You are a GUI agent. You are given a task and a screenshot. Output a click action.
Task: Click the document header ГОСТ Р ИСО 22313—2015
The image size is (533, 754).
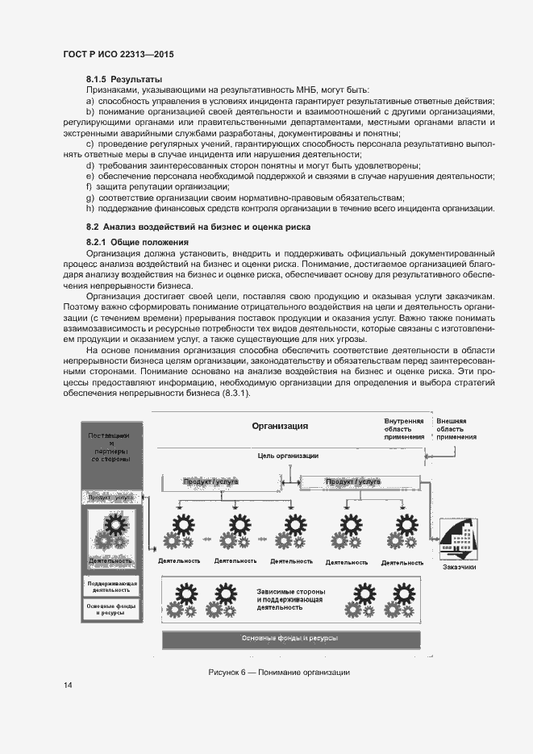click(119, 55)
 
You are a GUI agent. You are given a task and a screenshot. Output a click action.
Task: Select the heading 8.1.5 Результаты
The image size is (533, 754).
click(125, 80)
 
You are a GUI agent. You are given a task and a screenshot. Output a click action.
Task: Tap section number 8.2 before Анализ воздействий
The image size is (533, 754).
click(93, 227)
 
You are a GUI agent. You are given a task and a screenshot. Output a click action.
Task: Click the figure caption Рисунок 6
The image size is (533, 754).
click(278, 673)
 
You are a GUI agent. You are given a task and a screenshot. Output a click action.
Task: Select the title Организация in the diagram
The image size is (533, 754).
click(280, 426)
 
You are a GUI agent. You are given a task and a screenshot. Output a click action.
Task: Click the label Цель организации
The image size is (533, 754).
click(288, 456)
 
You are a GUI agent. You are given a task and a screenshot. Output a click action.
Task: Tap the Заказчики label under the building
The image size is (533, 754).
click(459, 567)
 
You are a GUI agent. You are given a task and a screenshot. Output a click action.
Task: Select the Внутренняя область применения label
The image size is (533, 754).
click(403, 428)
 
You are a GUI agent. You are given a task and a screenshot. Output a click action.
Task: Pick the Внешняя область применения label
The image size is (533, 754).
click(456, 428)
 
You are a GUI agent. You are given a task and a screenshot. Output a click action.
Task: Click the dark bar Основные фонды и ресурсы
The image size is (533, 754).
click(289, 638)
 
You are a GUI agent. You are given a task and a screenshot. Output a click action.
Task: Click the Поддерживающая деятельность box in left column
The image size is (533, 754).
click(112, 586)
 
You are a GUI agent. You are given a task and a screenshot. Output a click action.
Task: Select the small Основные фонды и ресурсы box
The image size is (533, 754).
click(112, 609)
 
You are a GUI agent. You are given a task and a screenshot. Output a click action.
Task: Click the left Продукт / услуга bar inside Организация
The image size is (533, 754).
click(210, 482)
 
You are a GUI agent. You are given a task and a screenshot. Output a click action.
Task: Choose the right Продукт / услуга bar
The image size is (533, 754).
click(355, 482)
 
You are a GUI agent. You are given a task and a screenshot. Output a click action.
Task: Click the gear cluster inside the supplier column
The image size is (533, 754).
click(111, 532)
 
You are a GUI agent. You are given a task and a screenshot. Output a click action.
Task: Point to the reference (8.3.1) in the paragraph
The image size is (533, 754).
click(235, 393)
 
